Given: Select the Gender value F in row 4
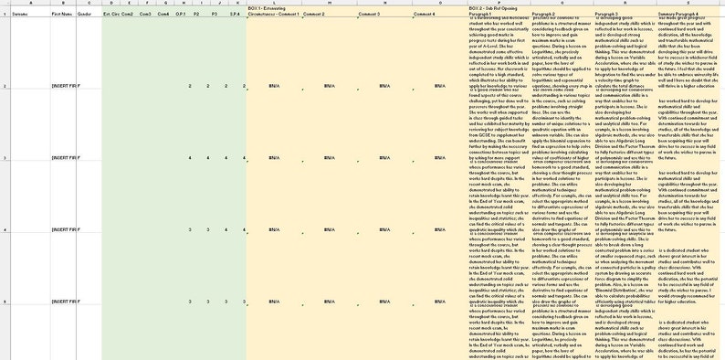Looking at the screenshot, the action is [79, 228].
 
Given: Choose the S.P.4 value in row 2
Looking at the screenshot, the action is [236, 86].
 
